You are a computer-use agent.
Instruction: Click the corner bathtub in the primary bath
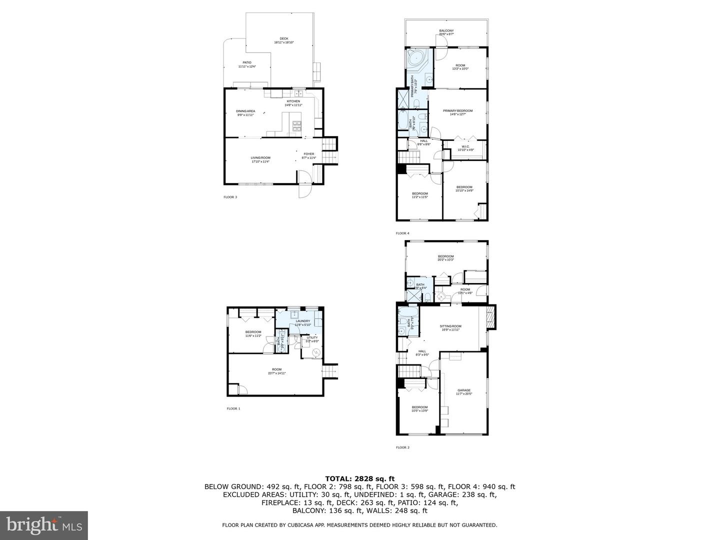tap(415, 58)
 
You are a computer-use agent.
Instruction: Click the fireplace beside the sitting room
tap(491, 317)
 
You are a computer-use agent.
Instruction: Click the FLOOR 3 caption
tap(230, 197)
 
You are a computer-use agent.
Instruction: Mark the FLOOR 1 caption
tap(233, 408)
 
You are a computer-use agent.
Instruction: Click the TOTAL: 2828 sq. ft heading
tap(360, 478)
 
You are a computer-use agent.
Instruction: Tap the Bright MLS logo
tap(44, 524)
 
